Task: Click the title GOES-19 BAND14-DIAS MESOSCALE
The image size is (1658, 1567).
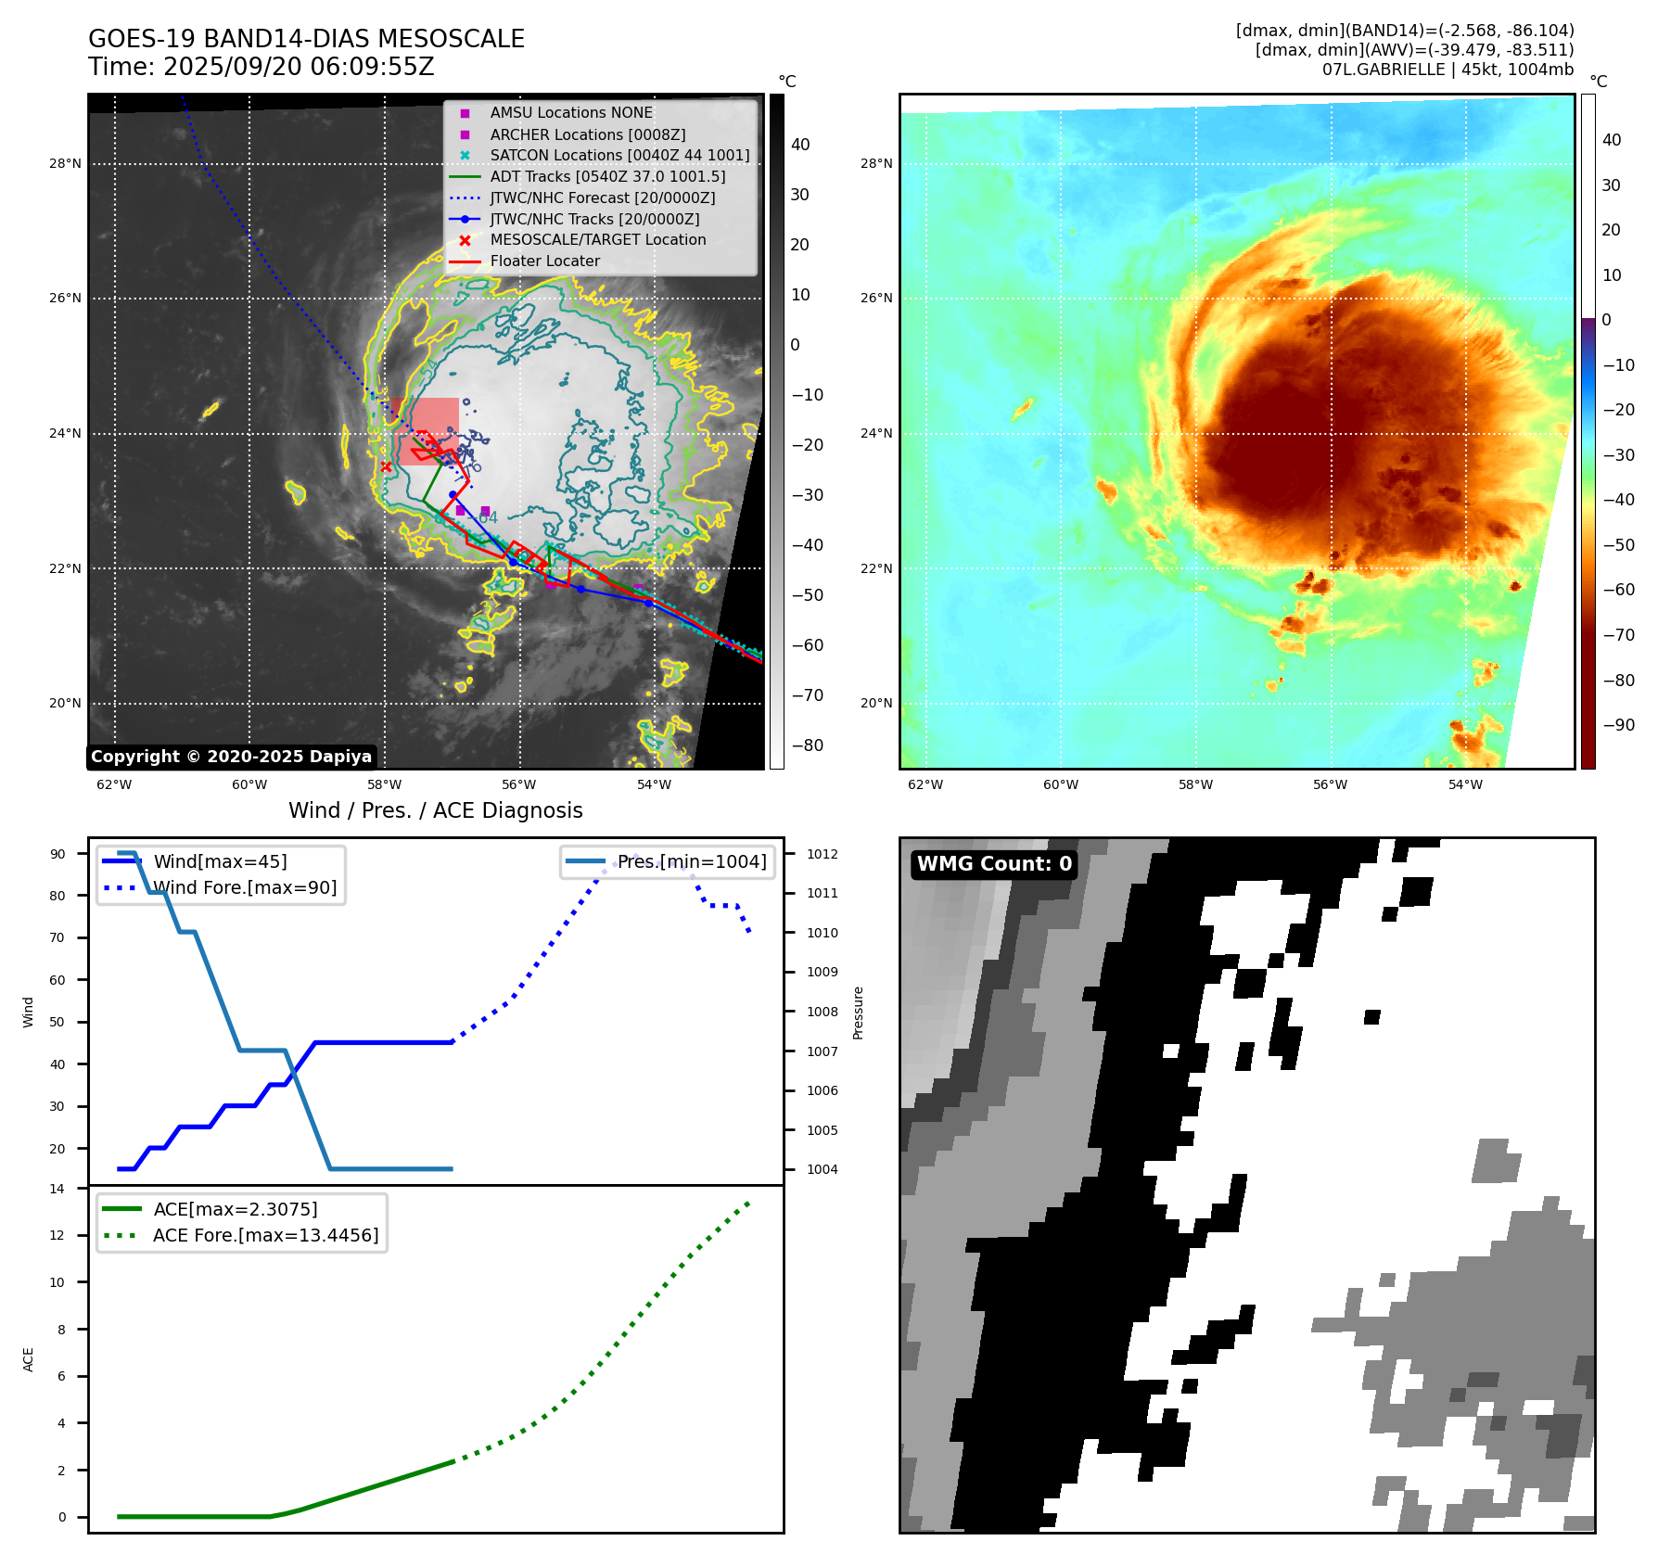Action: pos(306,39)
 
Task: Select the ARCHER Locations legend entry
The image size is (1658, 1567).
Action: pos(587,134)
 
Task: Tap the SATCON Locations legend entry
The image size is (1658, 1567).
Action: pos(619,155)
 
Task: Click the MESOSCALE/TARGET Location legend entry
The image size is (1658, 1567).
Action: pos(597,239)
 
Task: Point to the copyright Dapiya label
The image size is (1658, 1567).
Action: pos(231,757)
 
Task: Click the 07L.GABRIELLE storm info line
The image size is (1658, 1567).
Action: pos(1448,70)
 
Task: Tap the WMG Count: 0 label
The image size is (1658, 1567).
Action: pos(994,864)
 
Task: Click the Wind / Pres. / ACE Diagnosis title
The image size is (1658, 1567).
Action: pos(436,810)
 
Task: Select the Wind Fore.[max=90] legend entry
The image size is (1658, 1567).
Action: pos(245,887)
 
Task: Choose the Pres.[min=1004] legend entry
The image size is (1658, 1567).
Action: pos(692,861)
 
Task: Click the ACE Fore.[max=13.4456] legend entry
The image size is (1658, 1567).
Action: pos(265,1235)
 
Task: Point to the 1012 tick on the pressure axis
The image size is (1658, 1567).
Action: pos(822,854)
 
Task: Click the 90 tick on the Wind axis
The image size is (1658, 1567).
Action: pos(58,854)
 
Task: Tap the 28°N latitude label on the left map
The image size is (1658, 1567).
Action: pos(65,164)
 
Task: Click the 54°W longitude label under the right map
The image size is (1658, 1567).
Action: pos(1465,784)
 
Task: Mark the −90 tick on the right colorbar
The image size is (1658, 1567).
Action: pos(1618,725)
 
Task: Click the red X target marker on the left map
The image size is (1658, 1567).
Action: pos(386,466)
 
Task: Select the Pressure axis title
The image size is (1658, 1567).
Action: pos(858,1013)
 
